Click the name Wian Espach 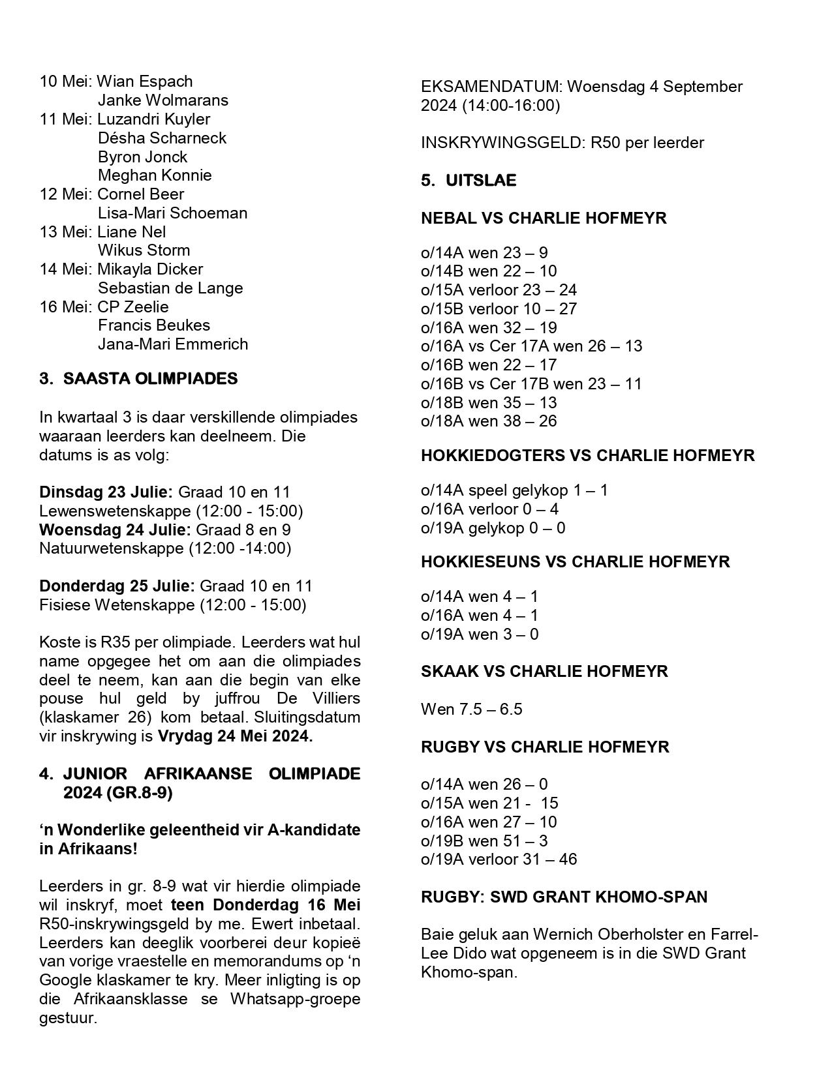pyautogui.click(x=144, y=82)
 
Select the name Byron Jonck pyautogui.click(x=142, y=157)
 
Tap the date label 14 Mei pyautogui.click(x=65, y=269)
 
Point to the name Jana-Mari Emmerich pyautogui.click(x=173, y=344)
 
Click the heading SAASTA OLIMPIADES pyautogui.click(x=150, y=379)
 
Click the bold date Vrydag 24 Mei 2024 pyautogui.click(x=235, y=737)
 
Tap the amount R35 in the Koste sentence pyautogui.click(x=115, y=643)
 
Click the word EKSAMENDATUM pyautogui.click(x=491, y=87)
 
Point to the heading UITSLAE pyautogui.click(x=481, y=181)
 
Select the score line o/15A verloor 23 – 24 pyautogui.click(x=499, y=290)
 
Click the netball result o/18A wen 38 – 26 pyautogui.click(x=489, y=421)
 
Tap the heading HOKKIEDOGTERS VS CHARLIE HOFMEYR pyautogui.click(x=587, y=456)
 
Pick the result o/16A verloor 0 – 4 pyautogui.click(x=489, y=509)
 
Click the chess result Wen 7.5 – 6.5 pyautogui.click(x=471, y=710)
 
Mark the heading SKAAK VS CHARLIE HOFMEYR pyautogui.click(x=544, y=672)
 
